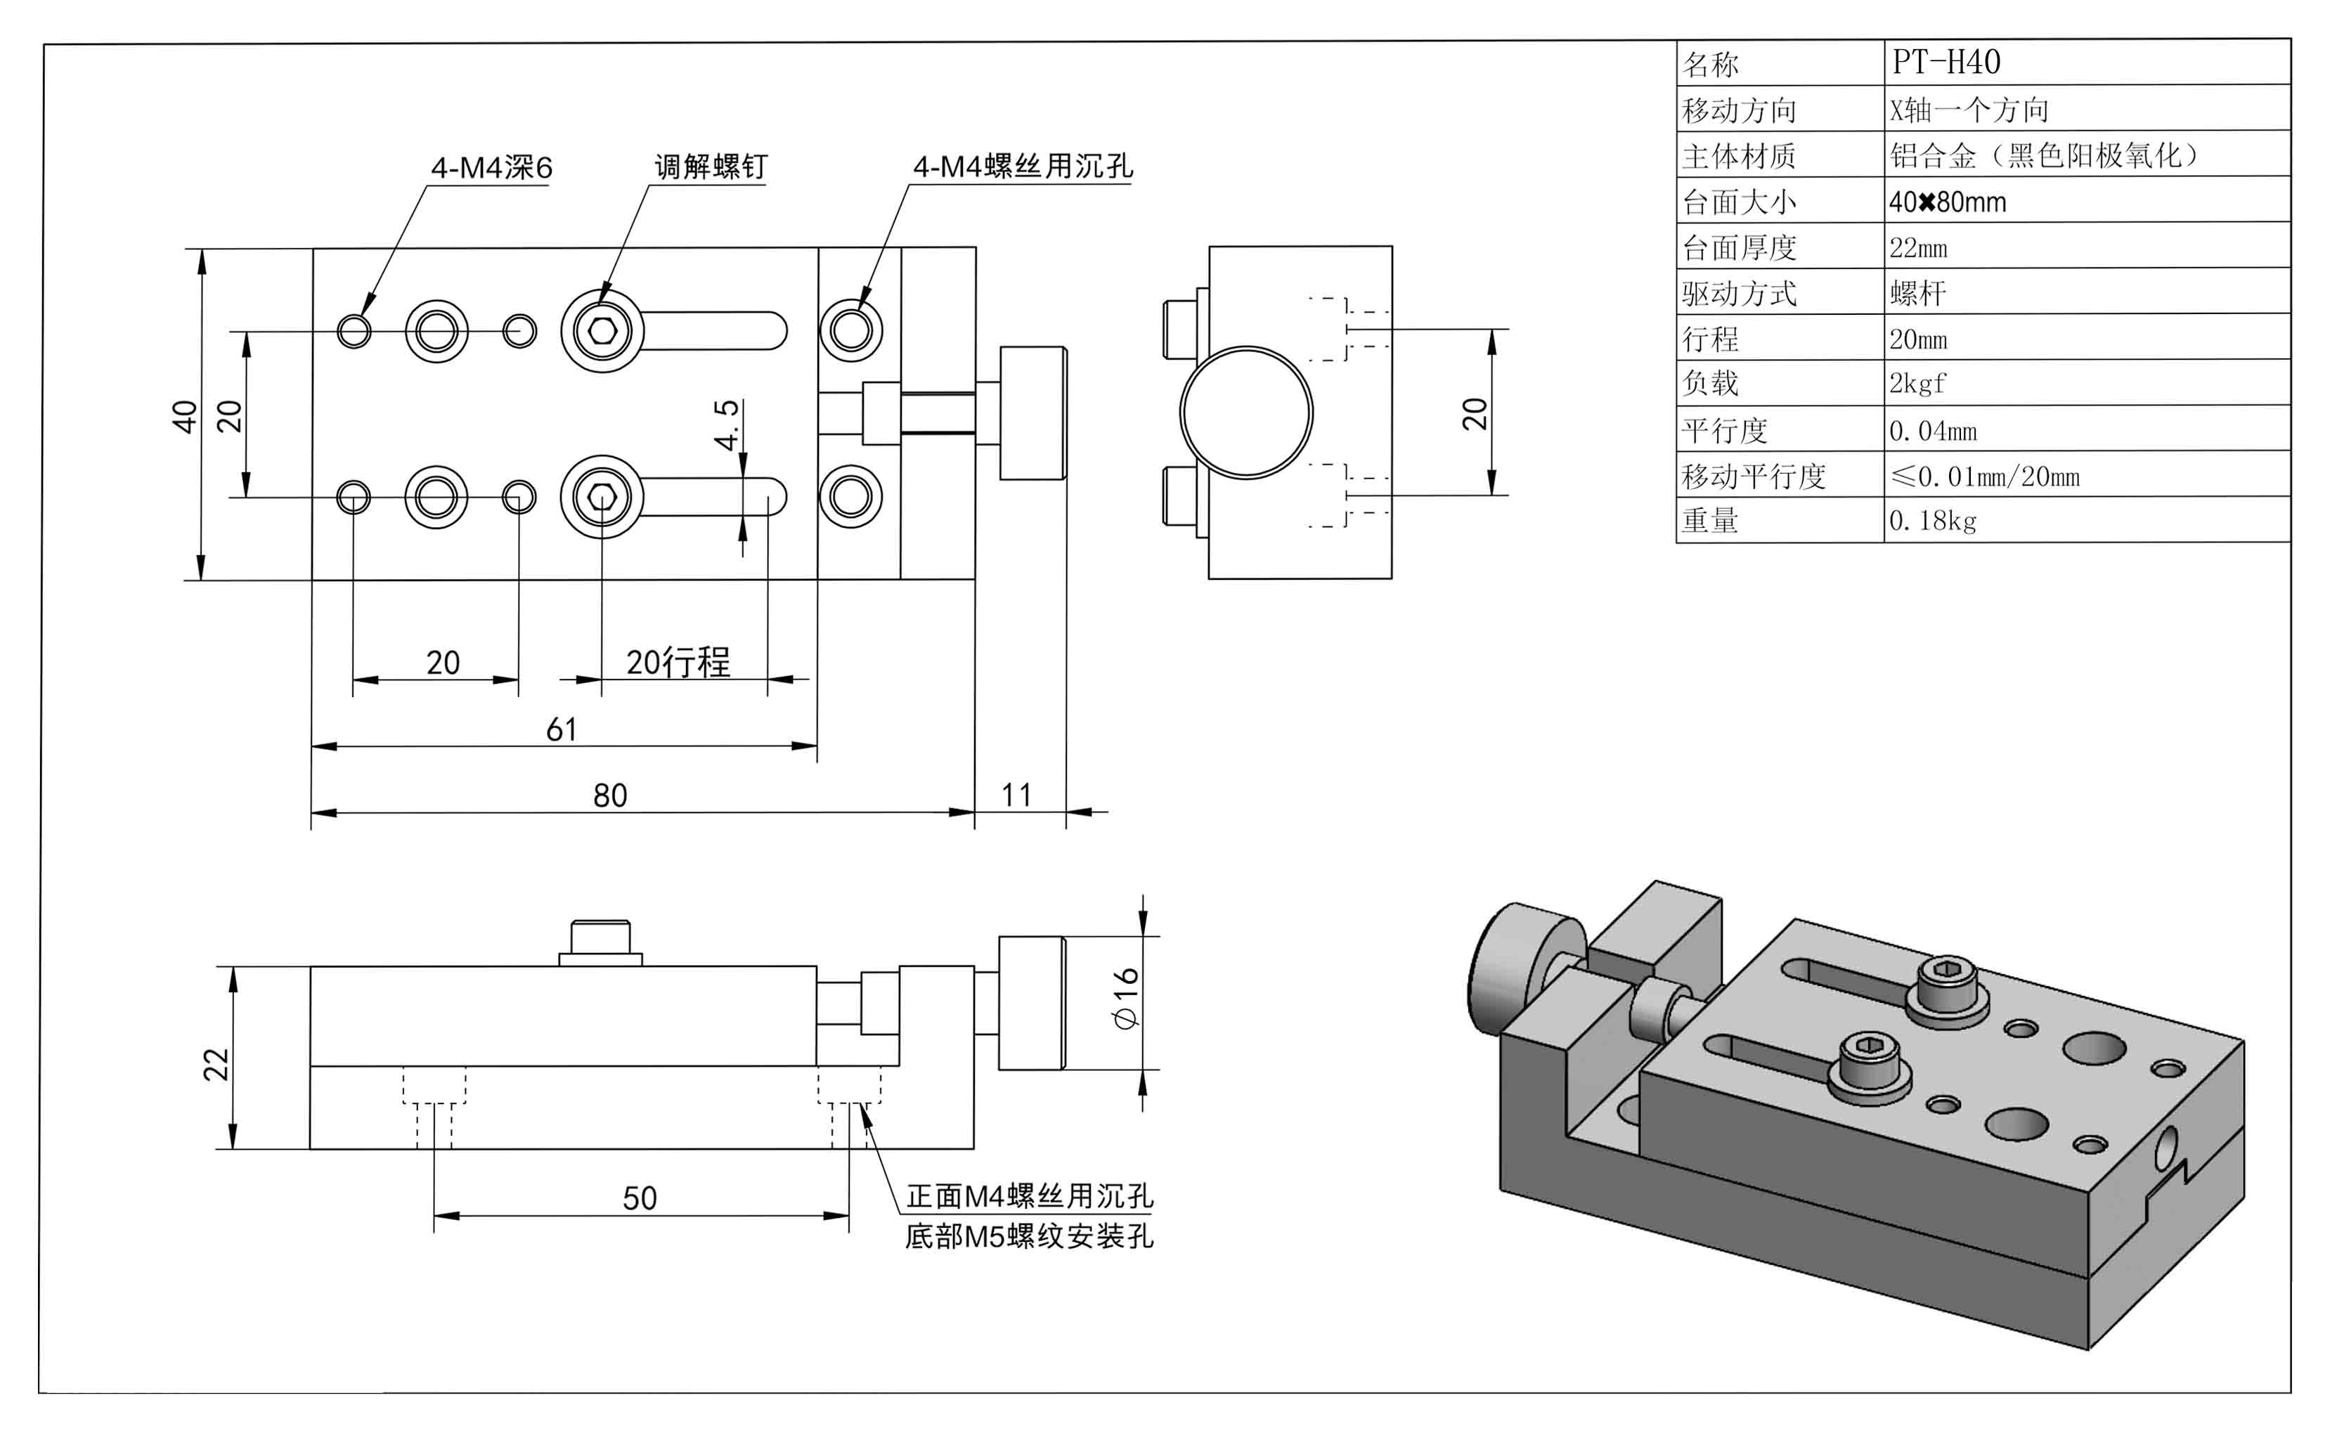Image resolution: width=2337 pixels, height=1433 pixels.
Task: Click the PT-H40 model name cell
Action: tap(1946, 63)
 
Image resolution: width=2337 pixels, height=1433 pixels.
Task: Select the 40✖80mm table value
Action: tap(1946, 202)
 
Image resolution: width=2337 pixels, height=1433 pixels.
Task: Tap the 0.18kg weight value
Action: tap(1932, 521)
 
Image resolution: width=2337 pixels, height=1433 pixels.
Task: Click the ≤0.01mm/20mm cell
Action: tap(1984, 476)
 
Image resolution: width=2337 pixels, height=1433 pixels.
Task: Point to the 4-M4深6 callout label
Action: tap(491, 168)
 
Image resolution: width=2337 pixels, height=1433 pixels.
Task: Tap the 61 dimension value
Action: tap(562, 730)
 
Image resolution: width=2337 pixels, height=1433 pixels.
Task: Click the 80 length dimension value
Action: tap(610, 796)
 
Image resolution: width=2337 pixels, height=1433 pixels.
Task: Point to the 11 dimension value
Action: tap(1016, 795)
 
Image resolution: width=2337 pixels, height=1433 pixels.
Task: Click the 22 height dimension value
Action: tap(216, 1064)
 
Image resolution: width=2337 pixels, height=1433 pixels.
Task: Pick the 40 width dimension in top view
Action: tap(184, 416)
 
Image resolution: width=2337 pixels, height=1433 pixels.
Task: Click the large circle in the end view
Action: tap(1245, 413)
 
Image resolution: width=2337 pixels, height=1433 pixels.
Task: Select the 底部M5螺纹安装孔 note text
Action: tap(1028, 1237)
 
